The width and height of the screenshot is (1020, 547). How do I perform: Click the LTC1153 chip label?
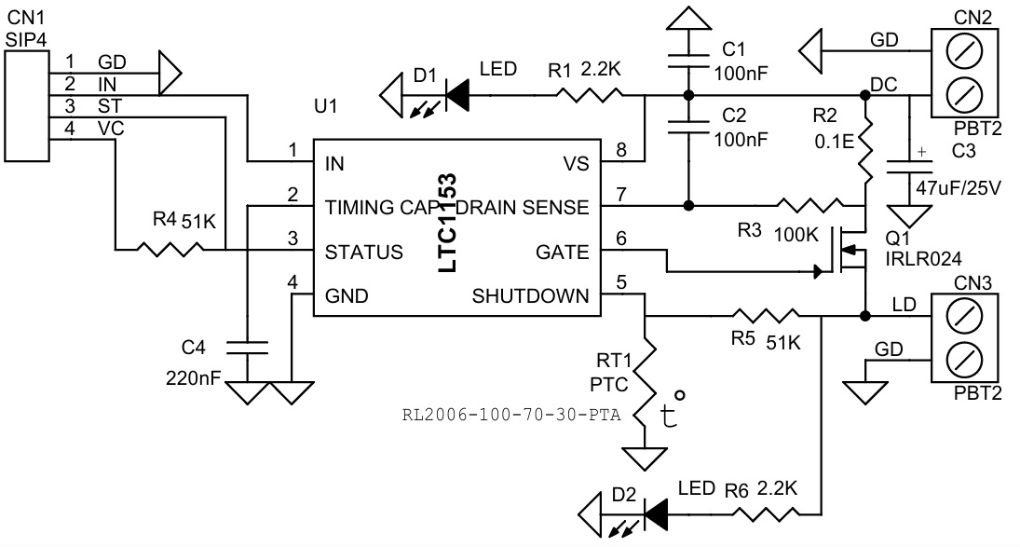tap(448, 223)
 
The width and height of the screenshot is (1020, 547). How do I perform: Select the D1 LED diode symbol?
tap(456, 92)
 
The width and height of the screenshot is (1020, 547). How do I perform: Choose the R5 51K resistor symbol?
tap(763, 316)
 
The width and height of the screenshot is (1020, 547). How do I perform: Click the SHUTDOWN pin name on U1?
tap(531, 296)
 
